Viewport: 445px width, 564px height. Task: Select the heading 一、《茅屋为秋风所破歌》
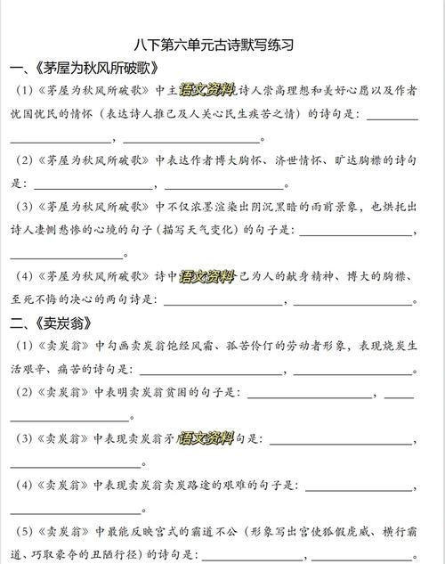click(85, 68)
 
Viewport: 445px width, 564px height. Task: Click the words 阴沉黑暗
click(286, 207)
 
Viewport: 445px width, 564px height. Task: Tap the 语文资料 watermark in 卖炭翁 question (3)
click(206, 437)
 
